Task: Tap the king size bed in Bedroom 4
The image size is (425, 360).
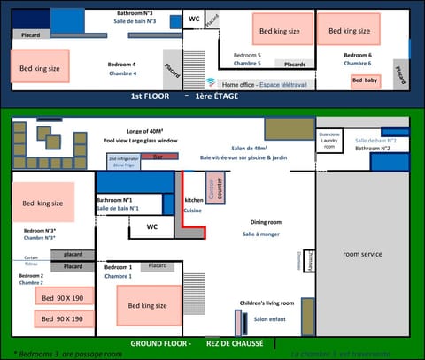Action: click(41, 66)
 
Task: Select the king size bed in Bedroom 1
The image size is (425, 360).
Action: click(147, 305)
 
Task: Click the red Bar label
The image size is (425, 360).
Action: click(159, 157)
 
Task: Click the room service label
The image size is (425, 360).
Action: click(362, 254)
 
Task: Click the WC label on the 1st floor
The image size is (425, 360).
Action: click(194, 19)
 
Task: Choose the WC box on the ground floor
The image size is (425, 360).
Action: click(152, 227)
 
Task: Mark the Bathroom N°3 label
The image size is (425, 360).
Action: click(135, 15)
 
